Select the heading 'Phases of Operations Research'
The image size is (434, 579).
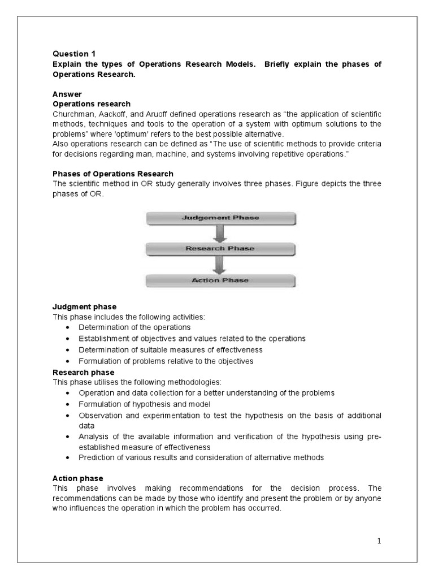113,174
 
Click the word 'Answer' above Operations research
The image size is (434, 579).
67,95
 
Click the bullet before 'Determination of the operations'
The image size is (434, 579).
68,327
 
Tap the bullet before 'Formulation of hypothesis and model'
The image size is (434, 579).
68,404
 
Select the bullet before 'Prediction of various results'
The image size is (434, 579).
68,458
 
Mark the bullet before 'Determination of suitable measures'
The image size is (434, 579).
68,350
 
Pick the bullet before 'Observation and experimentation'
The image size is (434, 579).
68,416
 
